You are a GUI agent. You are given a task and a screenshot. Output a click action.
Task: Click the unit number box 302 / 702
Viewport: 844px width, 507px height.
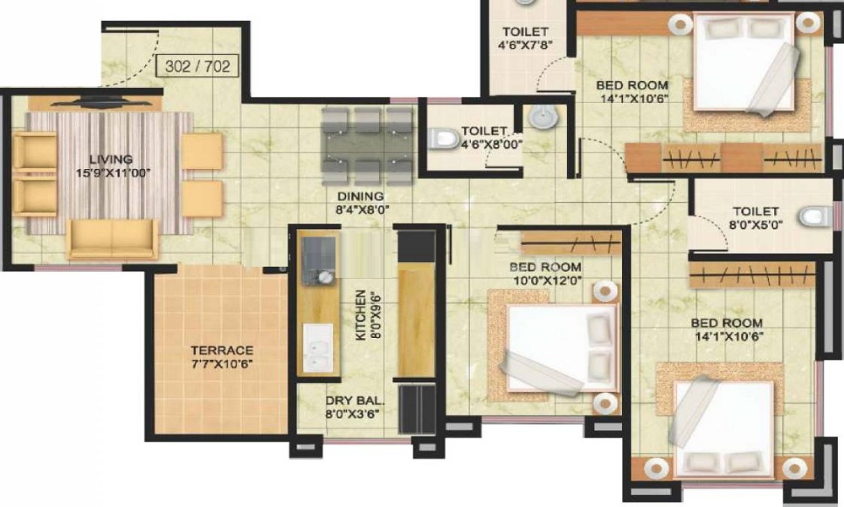tap(197, 66)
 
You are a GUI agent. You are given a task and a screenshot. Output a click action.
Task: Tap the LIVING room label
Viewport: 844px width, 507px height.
tap(111, 160)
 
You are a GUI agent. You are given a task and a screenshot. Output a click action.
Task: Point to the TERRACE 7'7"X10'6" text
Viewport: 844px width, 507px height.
tap(222, 357)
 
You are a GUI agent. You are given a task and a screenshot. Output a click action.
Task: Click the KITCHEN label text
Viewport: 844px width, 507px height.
tap(360, 315)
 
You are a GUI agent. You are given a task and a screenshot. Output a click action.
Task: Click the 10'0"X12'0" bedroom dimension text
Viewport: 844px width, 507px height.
tap(546, 281)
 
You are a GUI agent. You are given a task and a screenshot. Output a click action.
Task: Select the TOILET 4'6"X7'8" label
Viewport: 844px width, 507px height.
tap(525, 38)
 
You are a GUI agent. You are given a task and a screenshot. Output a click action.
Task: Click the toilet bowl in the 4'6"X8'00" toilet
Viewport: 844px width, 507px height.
tap(442, 138)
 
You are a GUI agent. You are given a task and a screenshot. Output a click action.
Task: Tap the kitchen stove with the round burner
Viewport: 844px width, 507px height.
tap(318, 261)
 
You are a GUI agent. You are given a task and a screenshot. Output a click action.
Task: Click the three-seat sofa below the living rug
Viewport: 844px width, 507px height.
tap(112, 238)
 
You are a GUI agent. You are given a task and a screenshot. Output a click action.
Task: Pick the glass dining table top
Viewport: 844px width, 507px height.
tap(366, 146)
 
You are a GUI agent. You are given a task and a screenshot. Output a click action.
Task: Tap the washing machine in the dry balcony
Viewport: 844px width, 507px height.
tap(417, 409)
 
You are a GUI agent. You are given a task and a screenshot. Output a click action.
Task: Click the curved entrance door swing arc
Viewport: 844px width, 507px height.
tap(142, 62)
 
